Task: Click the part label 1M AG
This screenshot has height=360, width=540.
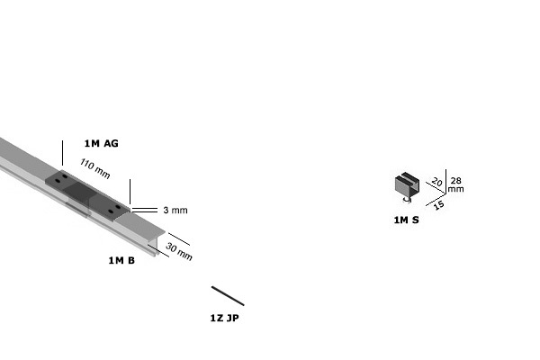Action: [101, 143]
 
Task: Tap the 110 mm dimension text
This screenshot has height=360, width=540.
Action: [95, 168]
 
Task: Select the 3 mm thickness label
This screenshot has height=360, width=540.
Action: [175, 210]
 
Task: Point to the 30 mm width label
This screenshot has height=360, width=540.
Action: [179, 251]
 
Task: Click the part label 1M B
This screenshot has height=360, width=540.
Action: [121, 260]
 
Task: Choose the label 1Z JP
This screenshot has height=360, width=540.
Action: [224, 318]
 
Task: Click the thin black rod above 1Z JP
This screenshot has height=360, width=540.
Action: [228, 295]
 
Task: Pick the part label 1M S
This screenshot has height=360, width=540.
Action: [407, 220]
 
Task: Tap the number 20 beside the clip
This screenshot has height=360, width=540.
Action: [436, 182]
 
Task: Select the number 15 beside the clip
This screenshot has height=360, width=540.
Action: [438, 205]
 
